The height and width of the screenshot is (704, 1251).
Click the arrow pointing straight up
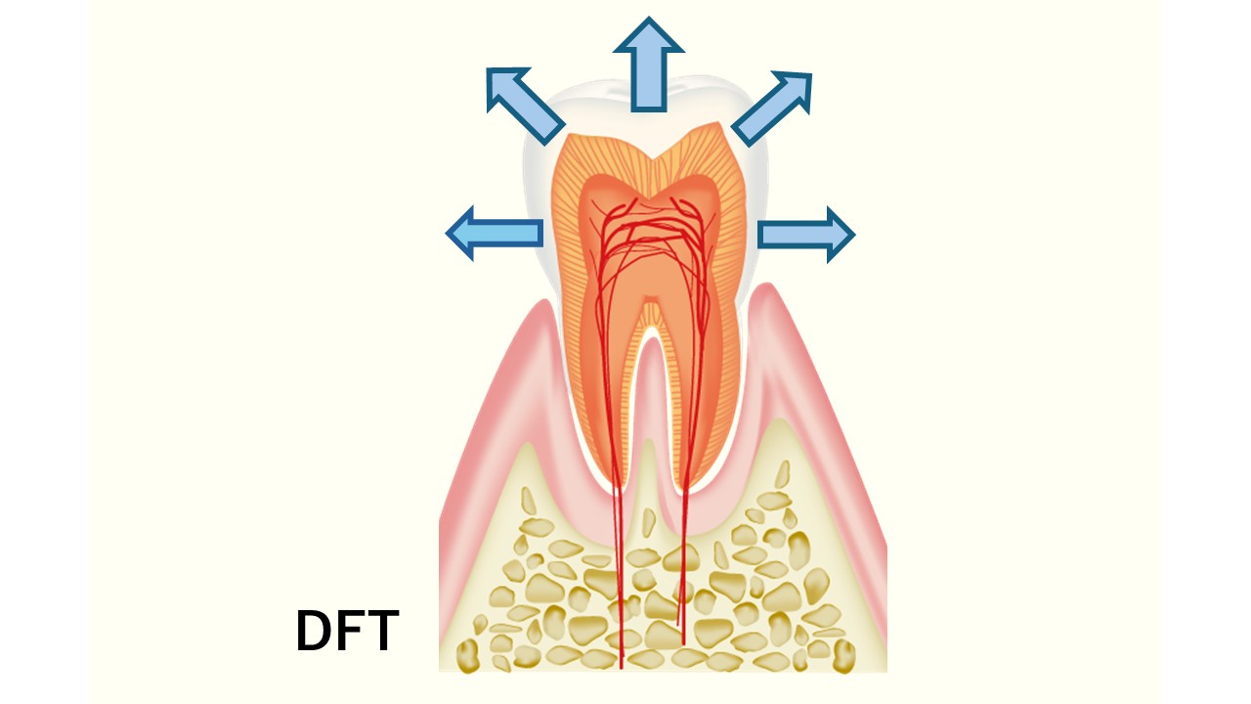648,65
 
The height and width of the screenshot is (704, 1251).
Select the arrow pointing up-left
525,106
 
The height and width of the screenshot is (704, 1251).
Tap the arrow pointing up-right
772,109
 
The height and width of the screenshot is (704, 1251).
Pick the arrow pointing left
495,233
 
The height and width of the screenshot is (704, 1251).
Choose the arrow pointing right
806,235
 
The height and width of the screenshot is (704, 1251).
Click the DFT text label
347,631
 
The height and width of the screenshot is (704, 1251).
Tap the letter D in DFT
314,631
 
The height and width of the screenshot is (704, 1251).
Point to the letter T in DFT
381,631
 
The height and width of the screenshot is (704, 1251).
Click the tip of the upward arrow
648,18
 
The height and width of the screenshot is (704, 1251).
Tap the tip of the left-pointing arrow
447,233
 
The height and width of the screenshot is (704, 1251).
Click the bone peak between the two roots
648,441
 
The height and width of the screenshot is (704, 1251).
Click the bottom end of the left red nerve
622,668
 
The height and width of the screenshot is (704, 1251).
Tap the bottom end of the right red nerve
683,643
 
